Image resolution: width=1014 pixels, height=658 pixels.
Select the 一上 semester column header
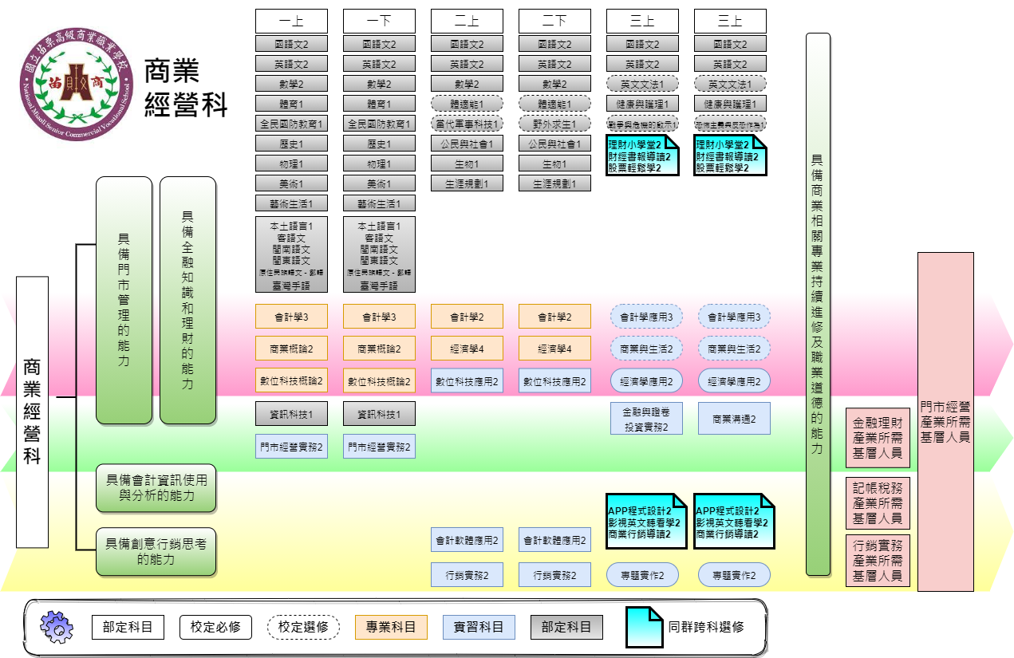click(x=291, y=22)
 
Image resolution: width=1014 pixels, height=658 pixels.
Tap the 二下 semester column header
click(x=554, y=22)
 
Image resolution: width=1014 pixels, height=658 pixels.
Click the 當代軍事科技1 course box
click(x=467, y=124)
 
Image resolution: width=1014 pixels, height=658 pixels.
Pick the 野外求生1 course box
click(x=554, y=124)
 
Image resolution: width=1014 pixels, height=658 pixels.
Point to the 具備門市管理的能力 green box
click(x=124, y=300)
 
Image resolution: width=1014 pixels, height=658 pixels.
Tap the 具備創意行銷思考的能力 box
click(x=156, y=551)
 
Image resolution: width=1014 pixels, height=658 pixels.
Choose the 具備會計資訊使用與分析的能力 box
click(x=156, y=487)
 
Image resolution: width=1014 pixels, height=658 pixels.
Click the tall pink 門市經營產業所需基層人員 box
click(x=945, y=421)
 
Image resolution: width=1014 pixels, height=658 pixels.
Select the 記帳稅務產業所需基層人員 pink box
click(x=878, y=503)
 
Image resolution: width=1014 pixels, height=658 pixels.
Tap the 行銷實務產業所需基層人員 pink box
click(x=878, y=561)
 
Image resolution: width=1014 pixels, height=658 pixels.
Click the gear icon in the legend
click(x=57, y=627)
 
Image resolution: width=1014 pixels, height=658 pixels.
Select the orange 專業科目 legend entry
click(x=391, y=627)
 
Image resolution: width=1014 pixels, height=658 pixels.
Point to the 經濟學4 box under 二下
click(x=554, y=349)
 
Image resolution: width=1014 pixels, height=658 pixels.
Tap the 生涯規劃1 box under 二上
click(x=467, y=183)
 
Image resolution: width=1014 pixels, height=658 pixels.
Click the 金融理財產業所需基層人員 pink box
click(x=878, y=438)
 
